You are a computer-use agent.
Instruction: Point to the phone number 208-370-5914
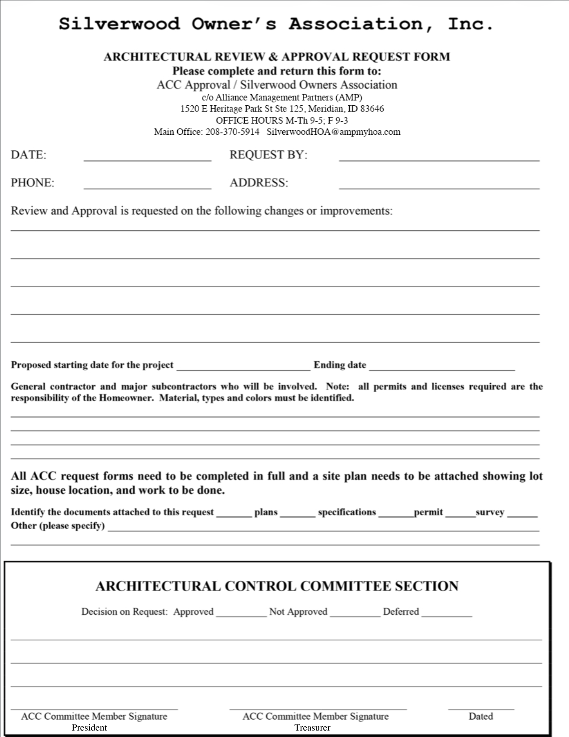[232, 132]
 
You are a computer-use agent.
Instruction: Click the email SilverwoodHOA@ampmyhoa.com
[334, 132]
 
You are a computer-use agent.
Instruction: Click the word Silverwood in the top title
[119, 24]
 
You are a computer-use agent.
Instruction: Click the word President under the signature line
[89, 728]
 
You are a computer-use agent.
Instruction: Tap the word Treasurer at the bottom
[312, 728]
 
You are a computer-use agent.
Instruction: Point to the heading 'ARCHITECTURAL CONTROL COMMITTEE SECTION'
[277, 586]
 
